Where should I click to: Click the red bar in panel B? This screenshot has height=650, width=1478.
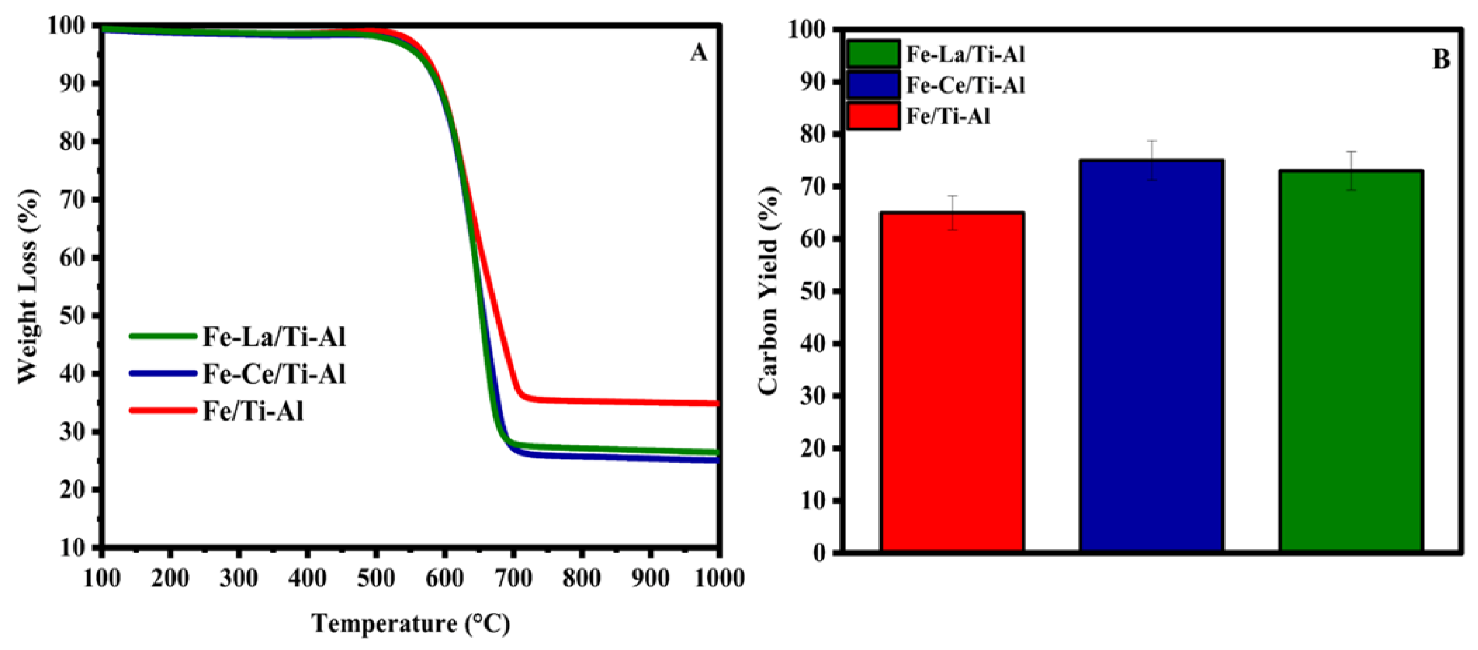tap(953, 382)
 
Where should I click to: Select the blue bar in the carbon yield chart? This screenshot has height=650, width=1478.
tap(1151, 356)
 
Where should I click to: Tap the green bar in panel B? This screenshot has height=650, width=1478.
tap(1350, 362)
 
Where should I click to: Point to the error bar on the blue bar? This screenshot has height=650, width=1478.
tap(1151, 160)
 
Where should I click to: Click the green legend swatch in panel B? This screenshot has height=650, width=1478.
tap(873, 54)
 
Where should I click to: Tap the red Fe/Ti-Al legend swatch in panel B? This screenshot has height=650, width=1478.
tap(873, 117)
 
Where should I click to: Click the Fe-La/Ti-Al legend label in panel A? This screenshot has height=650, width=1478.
tap(274, 337)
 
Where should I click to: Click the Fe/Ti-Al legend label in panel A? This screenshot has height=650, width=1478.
tap(253, 411)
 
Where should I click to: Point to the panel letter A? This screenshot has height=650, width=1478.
tap(698, 53)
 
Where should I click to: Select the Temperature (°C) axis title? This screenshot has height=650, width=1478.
tap(410, 623)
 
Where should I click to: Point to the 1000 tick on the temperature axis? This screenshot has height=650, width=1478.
tap(718, 578)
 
